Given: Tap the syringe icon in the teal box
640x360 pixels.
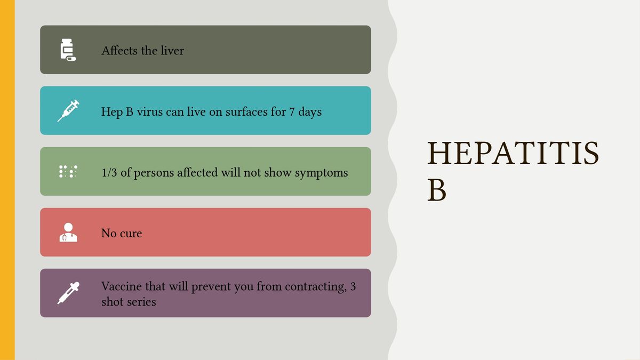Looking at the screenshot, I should coord(68,110).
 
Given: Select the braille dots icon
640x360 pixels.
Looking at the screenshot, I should coord(68,171).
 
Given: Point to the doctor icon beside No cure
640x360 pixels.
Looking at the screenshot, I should coord(68,232).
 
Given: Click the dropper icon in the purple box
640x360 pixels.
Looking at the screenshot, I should coord(68,293).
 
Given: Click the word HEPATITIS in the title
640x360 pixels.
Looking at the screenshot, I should coord(513,153).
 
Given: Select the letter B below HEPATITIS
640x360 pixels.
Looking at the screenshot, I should coord(436,190).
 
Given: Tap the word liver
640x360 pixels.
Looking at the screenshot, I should coord(171,51).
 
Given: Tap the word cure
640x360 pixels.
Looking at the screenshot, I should coord(131,234).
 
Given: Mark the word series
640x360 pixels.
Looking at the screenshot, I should coord(141,302).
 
